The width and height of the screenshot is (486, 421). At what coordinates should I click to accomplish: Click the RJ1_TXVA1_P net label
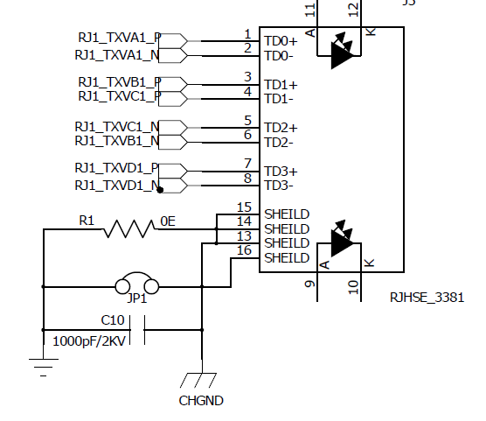tap(120, 38)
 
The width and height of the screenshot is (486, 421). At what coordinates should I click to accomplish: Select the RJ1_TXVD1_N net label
tap(118, 186)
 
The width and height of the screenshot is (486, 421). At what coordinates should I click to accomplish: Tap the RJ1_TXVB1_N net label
tap(117, 141)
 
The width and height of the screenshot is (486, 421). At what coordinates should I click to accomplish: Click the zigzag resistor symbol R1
tap(128, 228)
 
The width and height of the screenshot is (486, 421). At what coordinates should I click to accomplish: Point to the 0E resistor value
tap(168, 221)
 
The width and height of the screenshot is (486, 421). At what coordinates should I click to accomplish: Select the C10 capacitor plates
tap(137, 330)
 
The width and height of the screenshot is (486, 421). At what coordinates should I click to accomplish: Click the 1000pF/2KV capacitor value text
tap(89, 341)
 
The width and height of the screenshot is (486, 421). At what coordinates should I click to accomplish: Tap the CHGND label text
tap(201, 401)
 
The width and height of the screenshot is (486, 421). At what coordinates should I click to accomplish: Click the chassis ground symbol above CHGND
tap(198, 380)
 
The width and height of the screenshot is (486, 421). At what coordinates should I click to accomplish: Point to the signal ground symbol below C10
tap(44, 368)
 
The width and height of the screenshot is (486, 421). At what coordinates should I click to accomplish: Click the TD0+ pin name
tap(281, 41)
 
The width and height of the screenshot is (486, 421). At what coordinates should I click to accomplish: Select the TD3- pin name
tap(279, 186)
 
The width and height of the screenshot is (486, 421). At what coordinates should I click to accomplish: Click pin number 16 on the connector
tap(244, 250)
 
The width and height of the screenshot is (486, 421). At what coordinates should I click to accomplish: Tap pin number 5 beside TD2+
tap(247, 121)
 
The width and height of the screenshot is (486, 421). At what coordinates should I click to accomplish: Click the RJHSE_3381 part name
tap(427, 298)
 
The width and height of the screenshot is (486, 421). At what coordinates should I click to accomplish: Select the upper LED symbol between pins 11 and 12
tap(342, 51)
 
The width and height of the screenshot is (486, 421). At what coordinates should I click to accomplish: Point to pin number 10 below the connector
tap(353, 287)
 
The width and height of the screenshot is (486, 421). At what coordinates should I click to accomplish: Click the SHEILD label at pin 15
tap(287, 214)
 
